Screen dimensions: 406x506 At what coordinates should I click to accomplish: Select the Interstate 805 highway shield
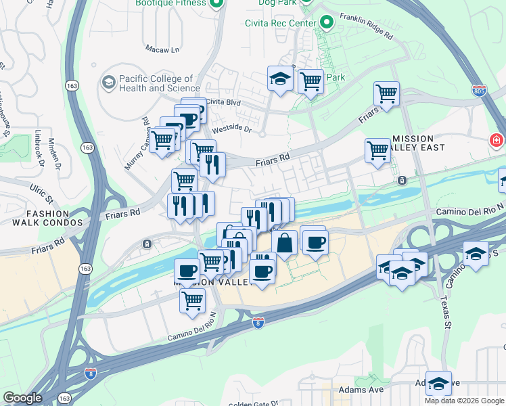point(480,91)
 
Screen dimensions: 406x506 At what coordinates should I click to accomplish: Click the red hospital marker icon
point(497,141)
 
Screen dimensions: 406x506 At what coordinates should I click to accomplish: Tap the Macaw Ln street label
point(162,49)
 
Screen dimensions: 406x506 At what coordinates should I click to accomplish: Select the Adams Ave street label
point(365,390)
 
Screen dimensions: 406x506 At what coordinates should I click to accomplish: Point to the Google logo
point(22,398)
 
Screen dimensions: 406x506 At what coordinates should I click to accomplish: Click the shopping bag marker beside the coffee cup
point(285,242)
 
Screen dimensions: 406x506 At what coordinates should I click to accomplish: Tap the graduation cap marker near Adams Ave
point(438,382)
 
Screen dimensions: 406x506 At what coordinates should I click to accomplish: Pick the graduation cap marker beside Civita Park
point(279,78)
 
